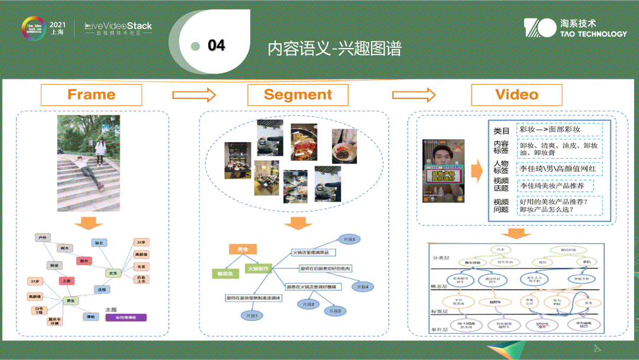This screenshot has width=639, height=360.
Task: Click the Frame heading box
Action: click(91, 95)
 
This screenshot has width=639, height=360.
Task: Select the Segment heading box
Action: click(298, 95)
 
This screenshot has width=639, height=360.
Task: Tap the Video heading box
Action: click(517, 95)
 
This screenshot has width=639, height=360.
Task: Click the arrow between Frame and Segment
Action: click(194, 95)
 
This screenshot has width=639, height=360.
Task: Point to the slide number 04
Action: click(217, 46)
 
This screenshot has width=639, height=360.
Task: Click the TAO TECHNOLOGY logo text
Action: click(593, 34)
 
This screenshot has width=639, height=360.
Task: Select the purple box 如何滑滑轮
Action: click(125, 317)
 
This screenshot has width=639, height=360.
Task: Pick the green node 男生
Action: click(70, 301)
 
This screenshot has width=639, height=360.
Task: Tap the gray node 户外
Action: click(42, 237)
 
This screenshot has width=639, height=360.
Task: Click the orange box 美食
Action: click(243, 250)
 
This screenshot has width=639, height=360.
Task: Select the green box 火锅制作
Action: click(258, 269)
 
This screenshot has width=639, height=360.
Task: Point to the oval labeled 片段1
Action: click(250, 316)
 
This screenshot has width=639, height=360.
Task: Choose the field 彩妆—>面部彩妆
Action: click(559, 129)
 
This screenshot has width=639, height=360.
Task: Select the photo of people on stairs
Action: click(89, 163)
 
